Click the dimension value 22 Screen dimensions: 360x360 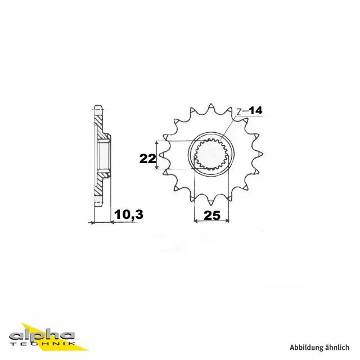[147, 159]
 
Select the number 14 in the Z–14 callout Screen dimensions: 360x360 [256, 111]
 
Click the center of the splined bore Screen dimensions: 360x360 [211, 155]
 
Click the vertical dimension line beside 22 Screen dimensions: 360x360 [160, 155]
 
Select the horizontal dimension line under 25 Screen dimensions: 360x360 [211, 222]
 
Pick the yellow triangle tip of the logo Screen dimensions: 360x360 [24, 325]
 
